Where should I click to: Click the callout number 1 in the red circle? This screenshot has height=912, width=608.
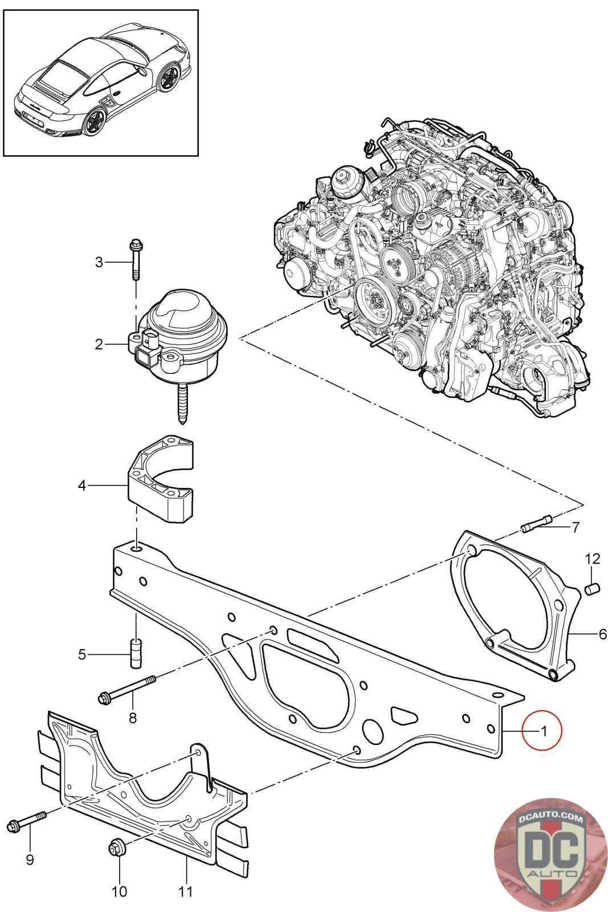coord(544,731)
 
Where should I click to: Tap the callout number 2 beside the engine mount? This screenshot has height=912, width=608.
coord(99,344)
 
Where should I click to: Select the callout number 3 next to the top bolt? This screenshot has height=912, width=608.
coord(99,262)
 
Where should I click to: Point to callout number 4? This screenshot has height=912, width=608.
coord(82,485)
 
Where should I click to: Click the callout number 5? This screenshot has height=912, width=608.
coord(82,654)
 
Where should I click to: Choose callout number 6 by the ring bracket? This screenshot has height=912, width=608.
coord(603,634)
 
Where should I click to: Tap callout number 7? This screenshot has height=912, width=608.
coord(576,528)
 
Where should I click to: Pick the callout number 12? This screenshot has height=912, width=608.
coord(593,559)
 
